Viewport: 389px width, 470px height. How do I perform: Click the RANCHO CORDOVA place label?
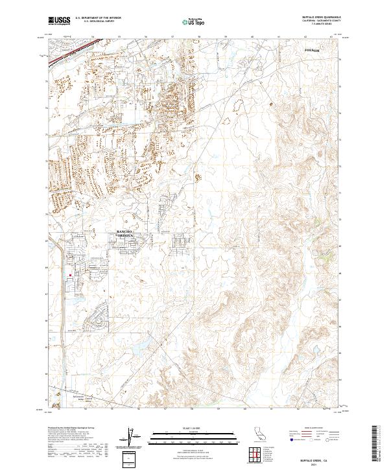[x=125, y=233]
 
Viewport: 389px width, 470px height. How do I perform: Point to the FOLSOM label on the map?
[x=312, y=49]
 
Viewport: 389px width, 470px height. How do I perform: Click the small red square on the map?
[x=69, y=274]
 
